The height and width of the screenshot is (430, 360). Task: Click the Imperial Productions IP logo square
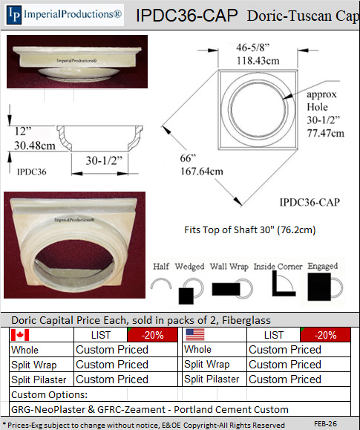click(x=14, y=15)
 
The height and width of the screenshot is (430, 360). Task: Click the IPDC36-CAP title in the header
click(x=187, y=16)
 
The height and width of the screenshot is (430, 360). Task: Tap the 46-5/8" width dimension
click(x=253, y=48)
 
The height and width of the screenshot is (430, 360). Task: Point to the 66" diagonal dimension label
click(x=188, y=158)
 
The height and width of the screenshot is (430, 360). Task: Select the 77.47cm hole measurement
click(x=325, y=133)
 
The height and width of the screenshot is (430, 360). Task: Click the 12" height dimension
click(x=23, y=131)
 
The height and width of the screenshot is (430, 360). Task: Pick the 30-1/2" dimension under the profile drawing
click(x=104, y=160)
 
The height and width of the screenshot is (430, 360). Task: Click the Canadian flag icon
click(x=20, y=335)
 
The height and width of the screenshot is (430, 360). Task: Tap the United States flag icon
click(x=195, y=334)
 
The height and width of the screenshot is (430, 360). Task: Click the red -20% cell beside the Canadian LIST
click(x=152, y=335)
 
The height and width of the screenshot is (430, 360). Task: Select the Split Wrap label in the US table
click(x=207, y=364)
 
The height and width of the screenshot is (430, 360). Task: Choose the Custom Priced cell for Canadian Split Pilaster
click(x=112, y=379)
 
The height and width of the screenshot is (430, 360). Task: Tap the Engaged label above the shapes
click(x=322, y=266)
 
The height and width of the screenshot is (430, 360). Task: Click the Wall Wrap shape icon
click(x=232, y=289)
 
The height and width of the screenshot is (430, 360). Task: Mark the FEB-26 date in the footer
click(x=325, y=424)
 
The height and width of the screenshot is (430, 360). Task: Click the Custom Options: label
click(x=49, y=394)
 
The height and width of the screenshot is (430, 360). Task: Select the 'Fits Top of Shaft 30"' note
click(x=250, y=229)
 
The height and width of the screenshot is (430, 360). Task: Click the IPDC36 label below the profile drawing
click(x=31, y=172)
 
